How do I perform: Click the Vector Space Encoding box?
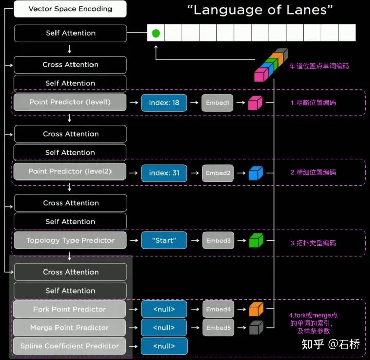click(x=70, y=9)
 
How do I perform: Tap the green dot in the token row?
click(x=156, y=33)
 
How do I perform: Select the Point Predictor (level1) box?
click(x=70, y=102)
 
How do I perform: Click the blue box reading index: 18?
click(x=164, y=103)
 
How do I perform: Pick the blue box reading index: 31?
click(x=164, y=173)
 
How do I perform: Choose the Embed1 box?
click(x=217, y=103)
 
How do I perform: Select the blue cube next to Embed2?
click(x=255, y=173)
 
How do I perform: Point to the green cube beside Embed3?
click(x=255, y=241)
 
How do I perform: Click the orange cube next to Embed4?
click(x=255, y=309)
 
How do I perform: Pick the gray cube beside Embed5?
click(x=255, y=328)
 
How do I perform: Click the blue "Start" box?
click(x=164, y=241)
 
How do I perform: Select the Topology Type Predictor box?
click(x=70, y=241)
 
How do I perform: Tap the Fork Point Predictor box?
click(x=70, y=309)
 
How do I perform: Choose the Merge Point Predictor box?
click(x=70, y=328)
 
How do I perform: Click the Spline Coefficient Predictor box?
click(x=70, y=346)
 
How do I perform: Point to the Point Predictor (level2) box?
click(x=70, y=172)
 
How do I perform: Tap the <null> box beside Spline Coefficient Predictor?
click(x=164, y=346)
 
